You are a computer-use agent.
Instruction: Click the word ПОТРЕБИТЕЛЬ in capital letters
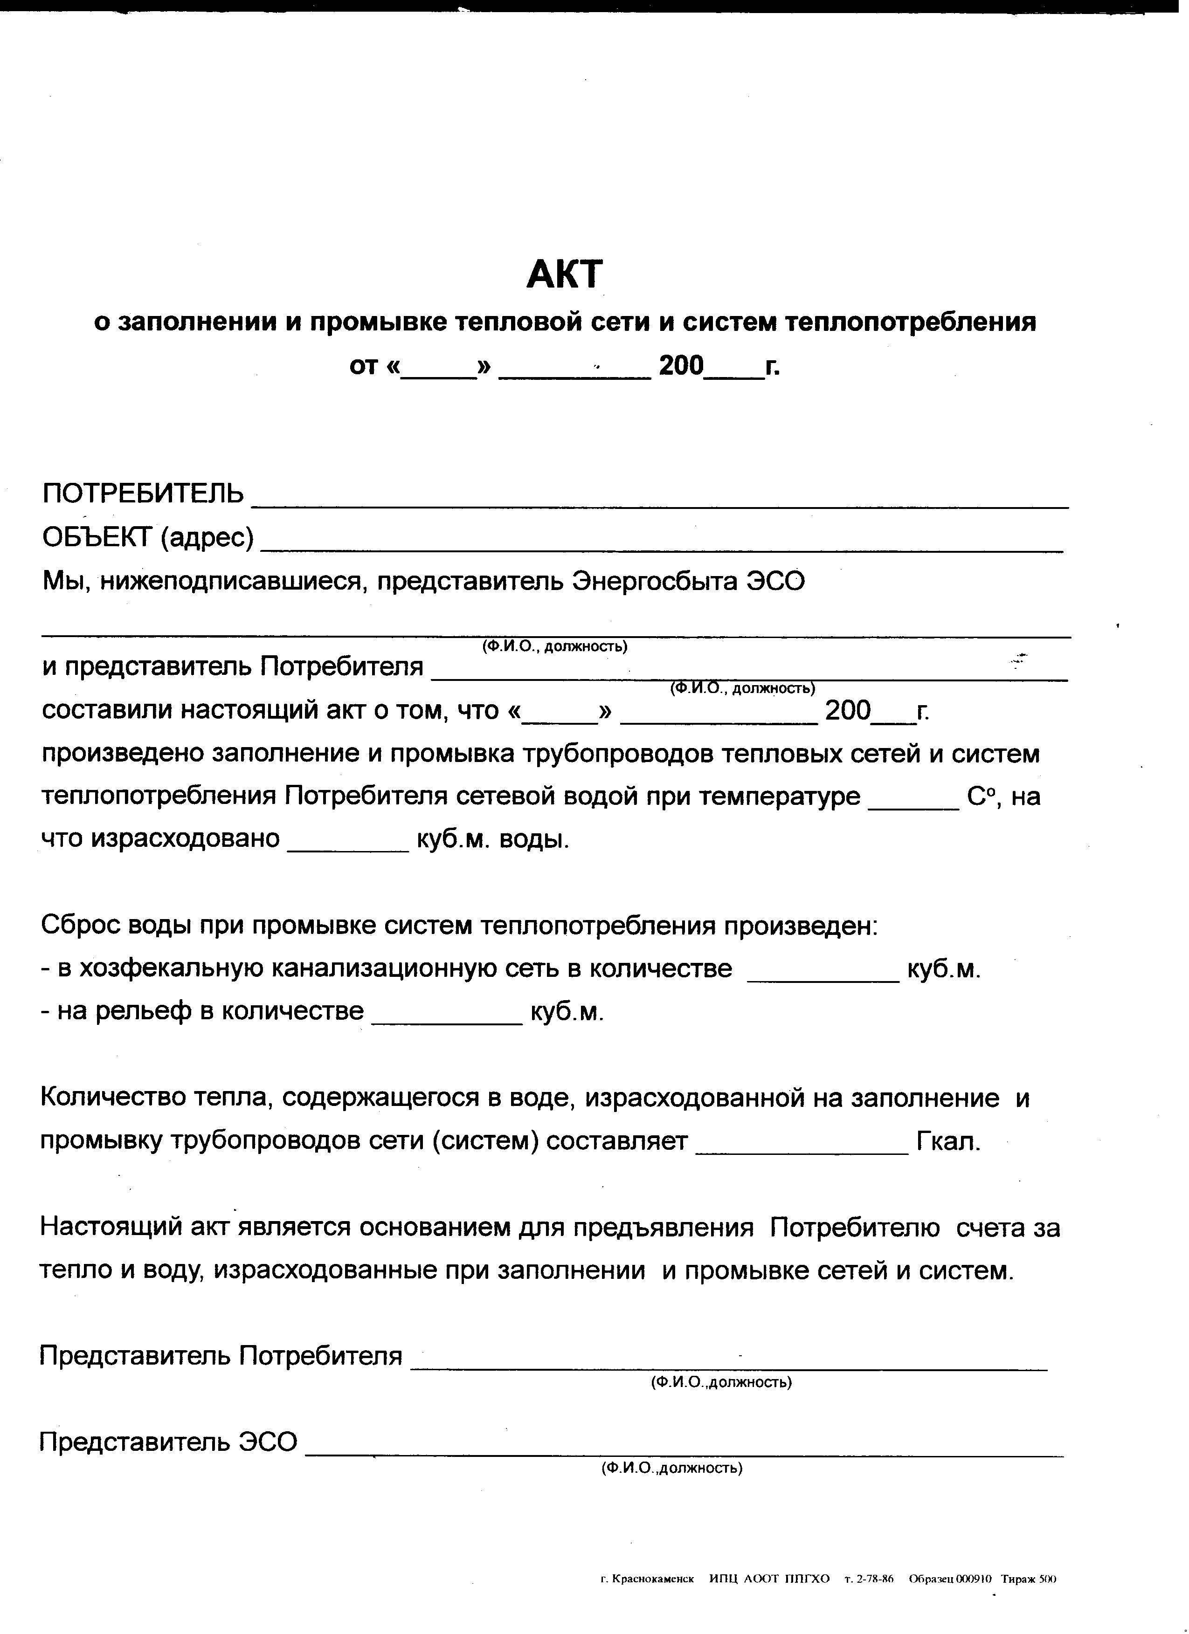[143, 494]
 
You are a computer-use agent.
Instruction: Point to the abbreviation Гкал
[948, 1141]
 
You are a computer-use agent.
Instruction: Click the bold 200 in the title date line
[680, 366]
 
